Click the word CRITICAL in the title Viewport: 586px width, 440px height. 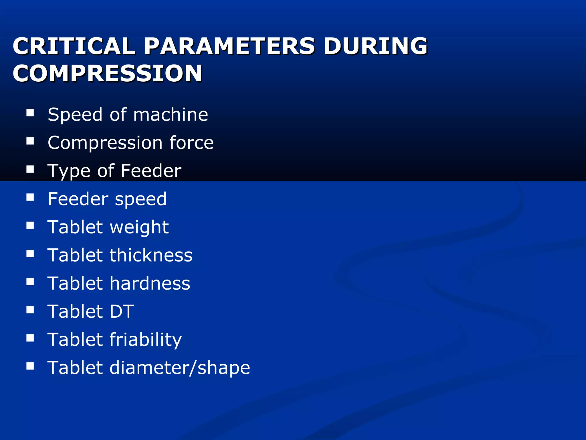coord(74,46)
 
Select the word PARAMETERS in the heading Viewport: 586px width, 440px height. coord(229,46)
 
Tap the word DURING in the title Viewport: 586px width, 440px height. coord(375,46)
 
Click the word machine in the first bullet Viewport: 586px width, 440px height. coord(171,115)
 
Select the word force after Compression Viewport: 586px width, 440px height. coord(191,143)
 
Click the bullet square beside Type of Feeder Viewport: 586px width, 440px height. coord(30,169)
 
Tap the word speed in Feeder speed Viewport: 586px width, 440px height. coord(140,199)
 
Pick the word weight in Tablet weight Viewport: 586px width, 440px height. coord(139,227)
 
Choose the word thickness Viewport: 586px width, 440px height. coord(151,255)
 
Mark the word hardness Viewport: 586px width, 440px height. coord(150,283)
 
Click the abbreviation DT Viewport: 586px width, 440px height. coord(122,311)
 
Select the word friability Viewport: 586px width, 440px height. coord(146,340)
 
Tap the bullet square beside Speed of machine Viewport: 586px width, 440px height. coord(30,113)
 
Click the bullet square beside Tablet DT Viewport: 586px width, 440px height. coord(30,310)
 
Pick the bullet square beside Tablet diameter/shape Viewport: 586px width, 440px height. coord(30,366)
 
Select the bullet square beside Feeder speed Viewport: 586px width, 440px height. coord(30,197)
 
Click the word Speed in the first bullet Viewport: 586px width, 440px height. coord(75,115)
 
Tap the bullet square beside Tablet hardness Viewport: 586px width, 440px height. coord(30,282)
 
